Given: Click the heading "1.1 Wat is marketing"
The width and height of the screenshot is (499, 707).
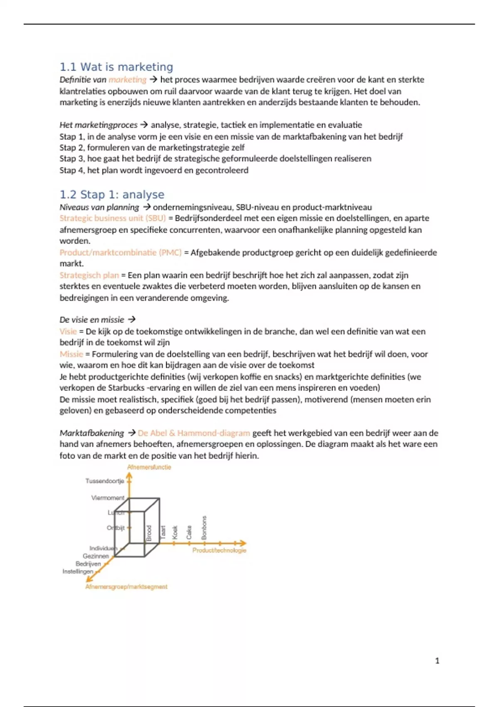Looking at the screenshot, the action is (116, 67).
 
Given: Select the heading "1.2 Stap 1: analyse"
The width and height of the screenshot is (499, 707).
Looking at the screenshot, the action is (112, 195).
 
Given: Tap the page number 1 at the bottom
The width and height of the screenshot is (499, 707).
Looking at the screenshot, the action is (437, 660).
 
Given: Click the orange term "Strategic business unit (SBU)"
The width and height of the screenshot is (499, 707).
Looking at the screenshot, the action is (113, 218).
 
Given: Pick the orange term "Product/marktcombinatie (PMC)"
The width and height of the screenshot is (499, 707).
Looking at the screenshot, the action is (121, 252).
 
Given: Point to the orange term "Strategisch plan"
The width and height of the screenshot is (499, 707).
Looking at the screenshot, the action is (89, 275).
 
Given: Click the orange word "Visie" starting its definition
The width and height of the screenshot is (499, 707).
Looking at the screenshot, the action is (68, 331).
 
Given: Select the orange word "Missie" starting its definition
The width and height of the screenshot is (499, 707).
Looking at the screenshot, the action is (72, 354).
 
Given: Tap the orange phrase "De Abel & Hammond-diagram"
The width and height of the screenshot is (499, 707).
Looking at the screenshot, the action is (194, 433).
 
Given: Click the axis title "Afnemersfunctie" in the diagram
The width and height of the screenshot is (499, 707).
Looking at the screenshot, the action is (149, 467).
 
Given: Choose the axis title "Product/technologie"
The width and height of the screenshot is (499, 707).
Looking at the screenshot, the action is (220, 550).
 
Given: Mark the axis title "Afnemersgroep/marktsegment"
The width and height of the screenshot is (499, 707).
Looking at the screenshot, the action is (126, 587).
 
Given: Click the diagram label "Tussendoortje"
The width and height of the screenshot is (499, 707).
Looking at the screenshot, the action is (105, 481).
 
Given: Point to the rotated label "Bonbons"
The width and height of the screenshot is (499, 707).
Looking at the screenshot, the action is (204, 528).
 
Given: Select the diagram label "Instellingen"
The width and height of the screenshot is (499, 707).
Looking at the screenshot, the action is (78, 571).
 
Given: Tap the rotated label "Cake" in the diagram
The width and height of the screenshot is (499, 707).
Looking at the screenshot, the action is (189, 532).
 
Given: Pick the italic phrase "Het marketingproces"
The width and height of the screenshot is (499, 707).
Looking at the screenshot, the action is (99, 125).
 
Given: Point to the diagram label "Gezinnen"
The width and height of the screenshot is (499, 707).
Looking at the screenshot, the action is (96, 556).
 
